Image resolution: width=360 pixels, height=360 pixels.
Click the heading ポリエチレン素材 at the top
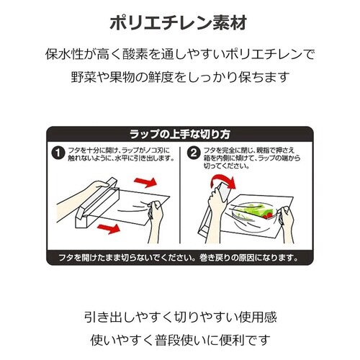click(179, 22)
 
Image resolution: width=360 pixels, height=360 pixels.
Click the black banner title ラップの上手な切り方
click(179, 135)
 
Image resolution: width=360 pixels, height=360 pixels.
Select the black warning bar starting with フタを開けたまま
click(179, 258)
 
